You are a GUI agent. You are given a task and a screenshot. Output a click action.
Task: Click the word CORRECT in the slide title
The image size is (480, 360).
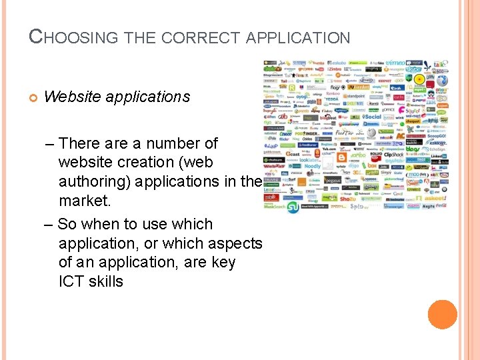[203, 38]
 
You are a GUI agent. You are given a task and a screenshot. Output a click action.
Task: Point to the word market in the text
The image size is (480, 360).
[83, 200]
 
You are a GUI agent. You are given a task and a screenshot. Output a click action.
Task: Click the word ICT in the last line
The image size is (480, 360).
[71, 281]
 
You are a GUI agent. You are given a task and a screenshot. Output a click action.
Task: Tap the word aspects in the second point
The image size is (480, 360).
[235, 243]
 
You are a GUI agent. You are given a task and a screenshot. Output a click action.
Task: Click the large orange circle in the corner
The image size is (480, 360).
[443, 315]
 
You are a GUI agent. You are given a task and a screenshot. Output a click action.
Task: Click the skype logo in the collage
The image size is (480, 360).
[413, 69]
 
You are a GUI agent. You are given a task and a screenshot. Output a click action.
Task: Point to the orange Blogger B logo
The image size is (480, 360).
[341, 157]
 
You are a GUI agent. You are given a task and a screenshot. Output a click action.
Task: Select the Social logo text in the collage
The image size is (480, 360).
[371, 117]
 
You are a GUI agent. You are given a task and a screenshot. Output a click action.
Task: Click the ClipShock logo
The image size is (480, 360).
[394, 155]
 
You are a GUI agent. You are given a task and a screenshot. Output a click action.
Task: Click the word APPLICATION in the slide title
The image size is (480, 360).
[298, 38]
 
